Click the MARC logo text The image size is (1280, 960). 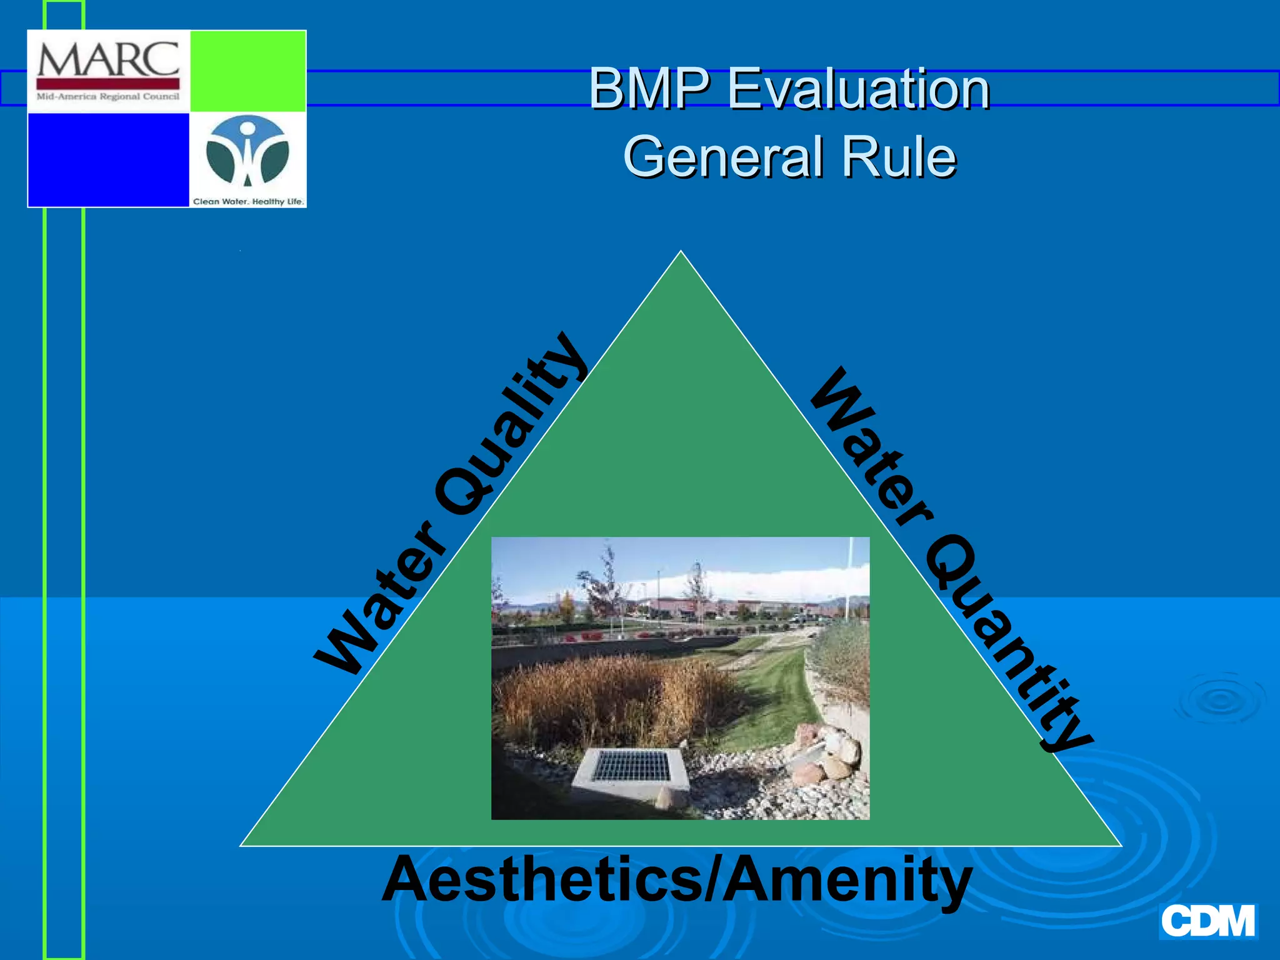coord(108,59)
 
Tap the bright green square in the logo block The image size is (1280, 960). coord(247,71)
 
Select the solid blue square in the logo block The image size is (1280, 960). coord(109,159)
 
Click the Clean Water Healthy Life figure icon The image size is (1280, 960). coord(247,151)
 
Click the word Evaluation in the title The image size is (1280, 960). coord(859,89)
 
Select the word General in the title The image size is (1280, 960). coord(722,157)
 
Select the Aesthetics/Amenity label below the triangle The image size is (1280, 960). coord(676,879)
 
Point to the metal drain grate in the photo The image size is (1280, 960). coord(631,766)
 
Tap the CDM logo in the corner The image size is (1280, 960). coord(1207,921)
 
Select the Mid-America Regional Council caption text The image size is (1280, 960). coord(108,97)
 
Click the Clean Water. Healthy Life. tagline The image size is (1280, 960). coord(248,201)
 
